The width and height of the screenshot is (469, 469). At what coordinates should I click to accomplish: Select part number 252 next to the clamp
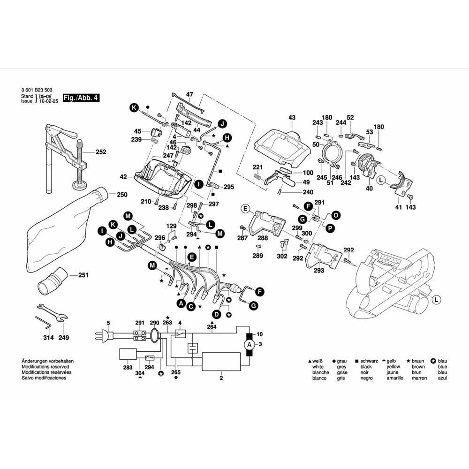(101, 152)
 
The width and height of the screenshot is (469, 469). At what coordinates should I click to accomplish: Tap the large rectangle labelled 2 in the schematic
(221, 362)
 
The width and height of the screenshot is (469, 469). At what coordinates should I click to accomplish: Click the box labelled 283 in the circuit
(128, 354)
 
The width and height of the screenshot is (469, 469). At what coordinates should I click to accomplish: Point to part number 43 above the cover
(292, 117)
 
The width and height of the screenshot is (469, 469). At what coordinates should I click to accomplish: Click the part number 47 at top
(189, 95)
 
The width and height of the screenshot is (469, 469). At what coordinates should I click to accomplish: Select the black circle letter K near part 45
(134, 108)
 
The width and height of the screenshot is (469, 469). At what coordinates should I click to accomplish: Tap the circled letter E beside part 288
(244, 209)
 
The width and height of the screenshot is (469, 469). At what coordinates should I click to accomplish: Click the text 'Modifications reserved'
(45, 367)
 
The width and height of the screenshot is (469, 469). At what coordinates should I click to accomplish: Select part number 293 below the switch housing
(319, 271)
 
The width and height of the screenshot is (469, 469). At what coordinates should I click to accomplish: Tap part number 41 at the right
(399, 207)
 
